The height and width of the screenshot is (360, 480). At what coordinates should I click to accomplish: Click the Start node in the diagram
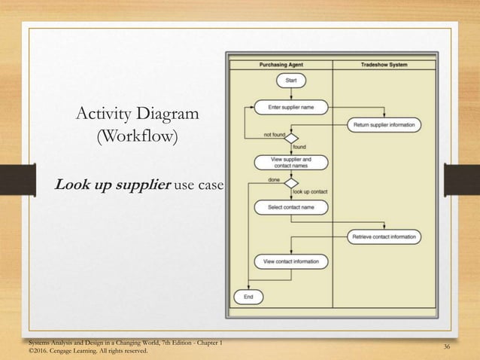click(x=291, y=79)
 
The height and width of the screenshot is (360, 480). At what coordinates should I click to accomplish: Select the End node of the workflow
click(x=248, y=297)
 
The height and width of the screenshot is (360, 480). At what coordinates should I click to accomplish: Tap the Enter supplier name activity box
click(x=291, y=108)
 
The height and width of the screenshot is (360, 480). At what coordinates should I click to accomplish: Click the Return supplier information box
click(x=384, y=124)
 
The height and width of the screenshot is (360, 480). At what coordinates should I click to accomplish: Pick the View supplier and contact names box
click(x=291, y=162)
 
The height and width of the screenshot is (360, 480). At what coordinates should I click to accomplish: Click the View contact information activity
click(x=291, y=261)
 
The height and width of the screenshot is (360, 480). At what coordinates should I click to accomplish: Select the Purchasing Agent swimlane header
click(x=281, y=65)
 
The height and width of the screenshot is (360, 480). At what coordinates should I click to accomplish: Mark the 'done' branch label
click(x=275, y=179)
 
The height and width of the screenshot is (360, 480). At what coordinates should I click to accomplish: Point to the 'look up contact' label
click(x=308, y=191)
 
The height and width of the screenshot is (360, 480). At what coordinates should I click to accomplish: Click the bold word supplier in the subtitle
click(x=139, y=185)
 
